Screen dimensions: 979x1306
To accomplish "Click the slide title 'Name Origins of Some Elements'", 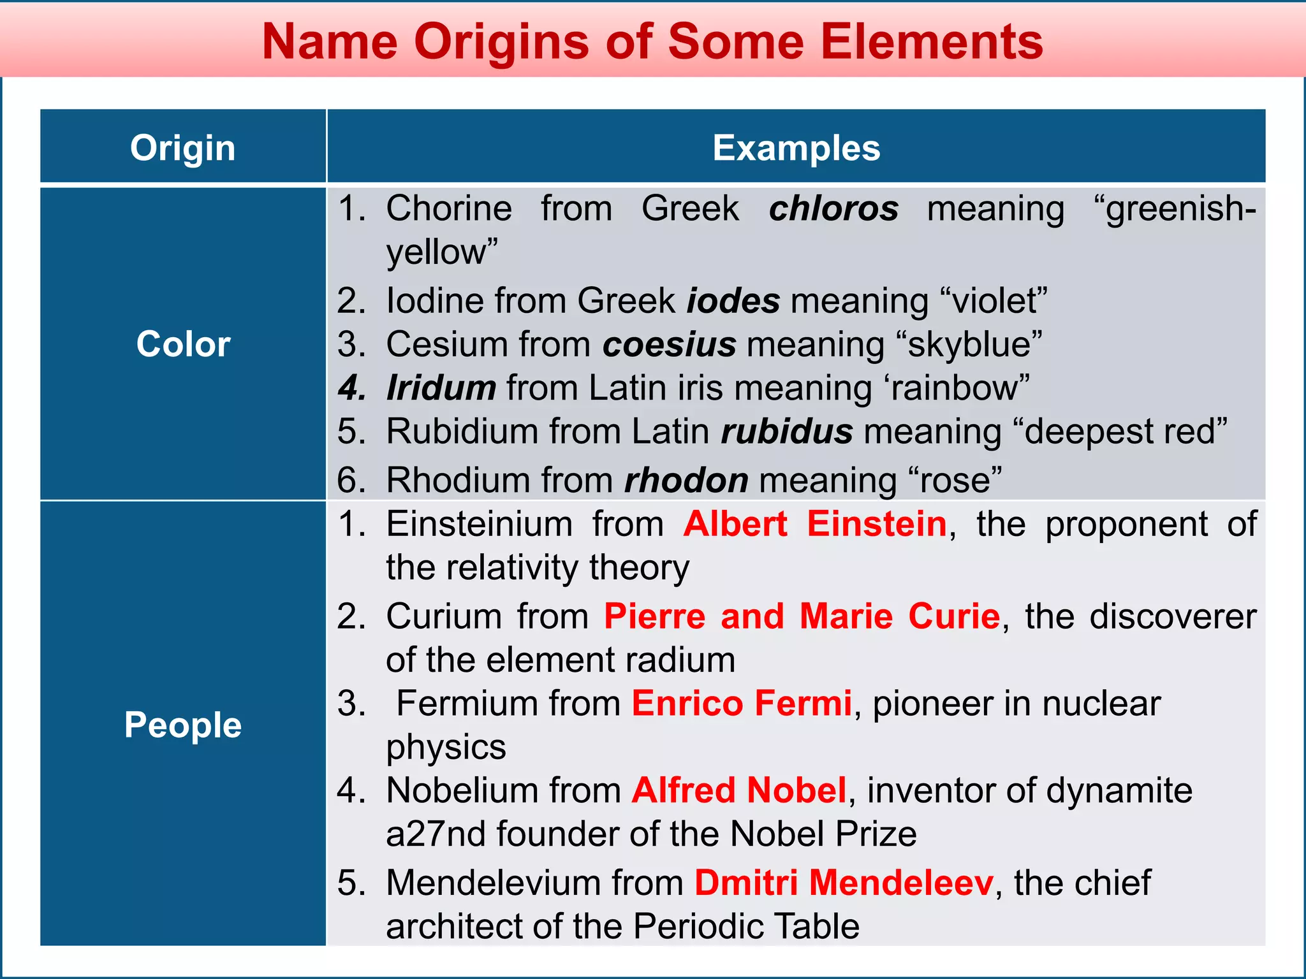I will point(652,42).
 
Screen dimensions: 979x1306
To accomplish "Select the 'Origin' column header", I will point(183,148).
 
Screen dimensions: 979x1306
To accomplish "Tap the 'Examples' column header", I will point(796,148).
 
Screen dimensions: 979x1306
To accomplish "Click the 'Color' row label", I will point(183,344).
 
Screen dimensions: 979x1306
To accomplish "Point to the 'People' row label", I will point(183,725).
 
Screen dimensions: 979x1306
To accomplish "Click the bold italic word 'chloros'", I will point(833,208).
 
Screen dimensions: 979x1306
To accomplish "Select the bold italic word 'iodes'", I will point(733,300).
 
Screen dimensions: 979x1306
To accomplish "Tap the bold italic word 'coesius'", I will point(669,344).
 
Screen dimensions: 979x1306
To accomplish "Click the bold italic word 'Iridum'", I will point(441,388).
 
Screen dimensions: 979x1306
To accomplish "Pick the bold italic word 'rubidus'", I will point(787,431).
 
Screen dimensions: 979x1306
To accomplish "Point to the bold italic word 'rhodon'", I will point(686,480).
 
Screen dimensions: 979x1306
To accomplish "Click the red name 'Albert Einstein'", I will point(815,524).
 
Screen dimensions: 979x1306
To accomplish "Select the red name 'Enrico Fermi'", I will point(742,703).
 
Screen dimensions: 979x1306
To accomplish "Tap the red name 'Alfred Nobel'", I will point(739,790).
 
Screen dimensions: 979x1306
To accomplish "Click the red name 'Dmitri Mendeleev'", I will point(844,883).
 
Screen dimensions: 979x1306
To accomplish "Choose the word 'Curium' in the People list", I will point(444,616).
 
